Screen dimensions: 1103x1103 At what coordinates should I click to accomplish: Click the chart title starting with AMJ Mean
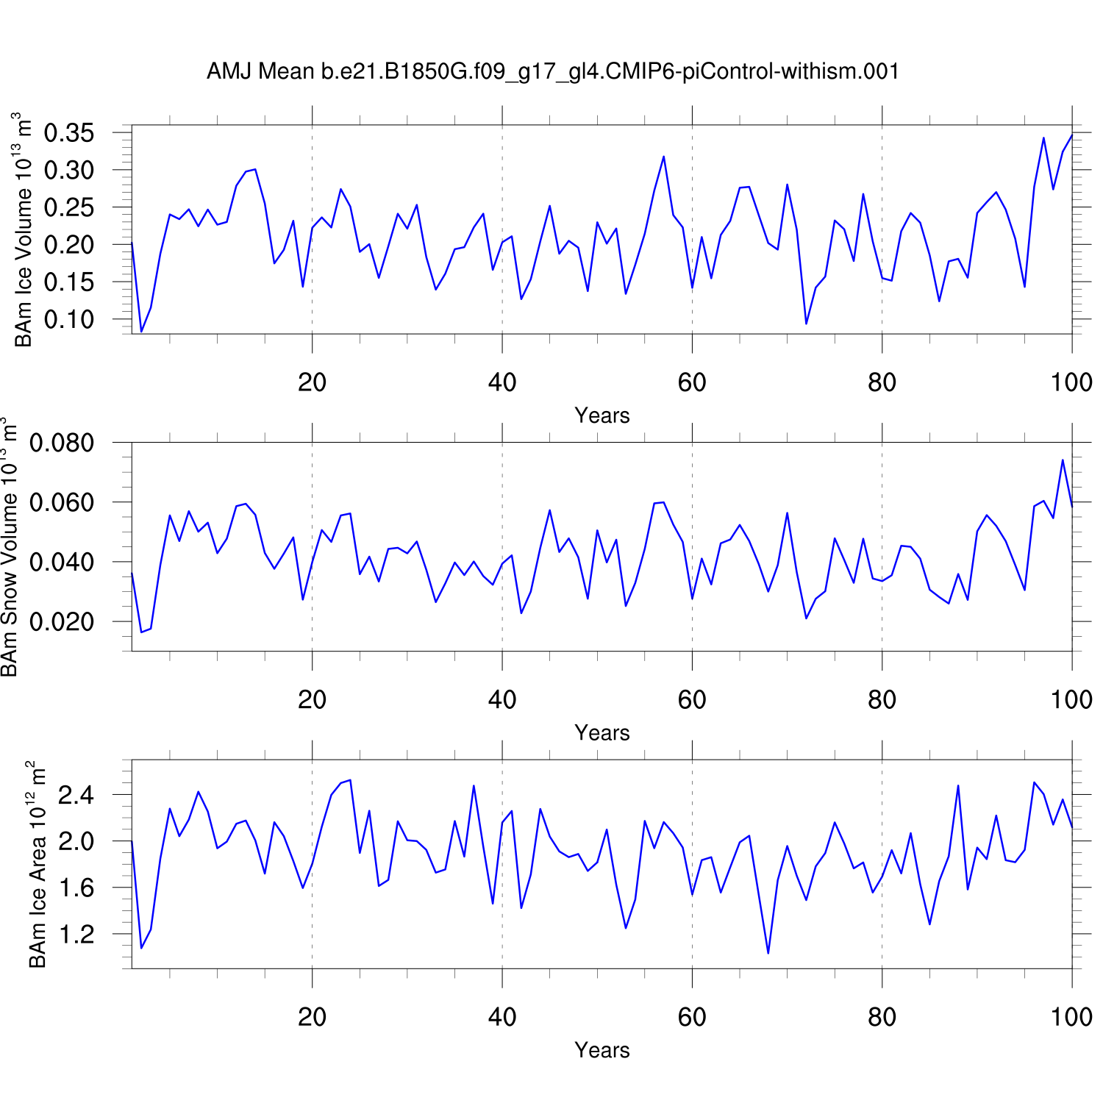552,71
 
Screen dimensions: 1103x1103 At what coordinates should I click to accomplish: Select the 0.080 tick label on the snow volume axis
62,443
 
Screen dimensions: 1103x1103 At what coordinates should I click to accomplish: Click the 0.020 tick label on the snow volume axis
62,621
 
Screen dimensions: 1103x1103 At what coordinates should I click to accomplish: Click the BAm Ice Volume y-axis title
24,229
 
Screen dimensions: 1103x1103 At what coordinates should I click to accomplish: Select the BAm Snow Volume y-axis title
9,547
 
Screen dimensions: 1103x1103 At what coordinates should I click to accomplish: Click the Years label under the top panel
602,415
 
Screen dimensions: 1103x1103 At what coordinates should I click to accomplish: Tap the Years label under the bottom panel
602,1050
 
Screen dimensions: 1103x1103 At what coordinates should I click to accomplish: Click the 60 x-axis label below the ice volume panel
692,382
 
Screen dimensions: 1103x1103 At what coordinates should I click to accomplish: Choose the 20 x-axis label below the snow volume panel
313,700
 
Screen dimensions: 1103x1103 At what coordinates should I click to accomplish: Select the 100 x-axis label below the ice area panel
1071,1017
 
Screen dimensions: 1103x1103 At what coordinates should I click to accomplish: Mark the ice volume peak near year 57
663,157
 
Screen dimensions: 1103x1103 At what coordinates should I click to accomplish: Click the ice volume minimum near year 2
141,332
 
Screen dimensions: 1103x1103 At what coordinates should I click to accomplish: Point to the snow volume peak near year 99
1063,460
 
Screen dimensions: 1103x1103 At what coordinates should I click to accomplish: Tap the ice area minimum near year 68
768,953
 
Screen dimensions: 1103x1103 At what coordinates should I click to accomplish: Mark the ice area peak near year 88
958,786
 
